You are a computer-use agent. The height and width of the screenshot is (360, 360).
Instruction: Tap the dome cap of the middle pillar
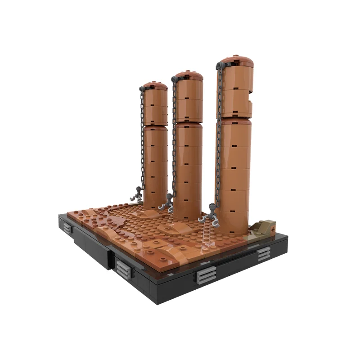click(189, 75)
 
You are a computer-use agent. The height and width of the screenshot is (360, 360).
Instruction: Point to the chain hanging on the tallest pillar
click(219, 135)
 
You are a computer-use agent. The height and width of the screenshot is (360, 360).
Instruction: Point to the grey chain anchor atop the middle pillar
click(174, 79)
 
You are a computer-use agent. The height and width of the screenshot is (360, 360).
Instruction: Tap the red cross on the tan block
click(272, 229)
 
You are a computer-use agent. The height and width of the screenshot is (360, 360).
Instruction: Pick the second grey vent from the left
click(122, 269)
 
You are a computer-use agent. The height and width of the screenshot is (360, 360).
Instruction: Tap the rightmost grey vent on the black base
click(264, 254)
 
